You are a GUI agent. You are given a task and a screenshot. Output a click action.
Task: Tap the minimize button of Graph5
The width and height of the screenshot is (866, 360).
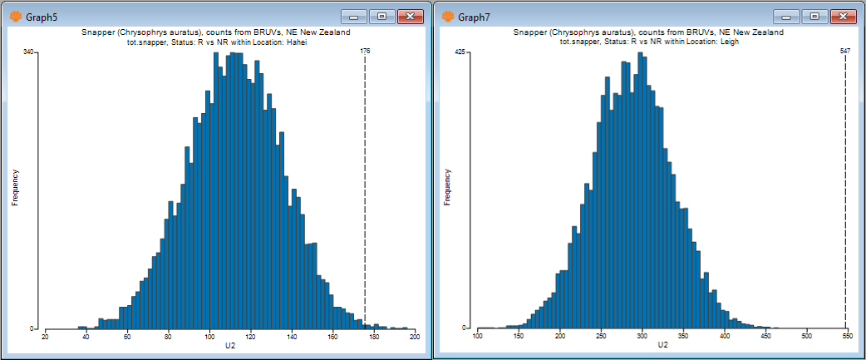(x=355, y=17)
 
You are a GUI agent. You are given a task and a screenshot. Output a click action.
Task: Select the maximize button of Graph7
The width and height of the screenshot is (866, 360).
(x=815, y=17)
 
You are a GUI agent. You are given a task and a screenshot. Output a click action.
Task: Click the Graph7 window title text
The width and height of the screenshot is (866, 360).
(x=475, y=17)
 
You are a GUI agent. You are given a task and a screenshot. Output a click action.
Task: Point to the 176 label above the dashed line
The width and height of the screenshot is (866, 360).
(x=365, y=52)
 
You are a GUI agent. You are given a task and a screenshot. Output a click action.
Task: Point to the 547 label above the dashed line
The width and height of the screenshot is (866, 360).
(x=845, y=52)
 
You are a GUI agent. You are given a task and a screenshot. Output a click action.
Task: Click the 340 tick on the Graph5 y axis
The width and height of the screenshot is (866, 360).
(x=28, y=52)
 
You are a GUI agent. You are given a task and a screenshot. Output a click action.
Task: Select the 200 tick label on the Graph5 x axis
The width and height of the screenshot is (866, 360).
(x=415, y=336)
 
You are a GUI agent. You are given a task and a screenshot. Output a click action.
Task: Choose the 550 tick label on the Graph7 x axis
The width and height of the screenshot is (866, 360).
(x=847, y=336)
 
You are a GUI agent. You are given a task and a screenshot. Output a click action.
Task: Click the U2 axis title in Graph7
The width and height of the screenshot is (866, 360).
(x=662, y=345)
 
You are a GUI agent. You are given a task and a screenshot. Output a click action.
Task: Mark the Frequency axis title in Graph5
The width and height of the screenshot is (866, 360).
(x=15, y=187)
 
